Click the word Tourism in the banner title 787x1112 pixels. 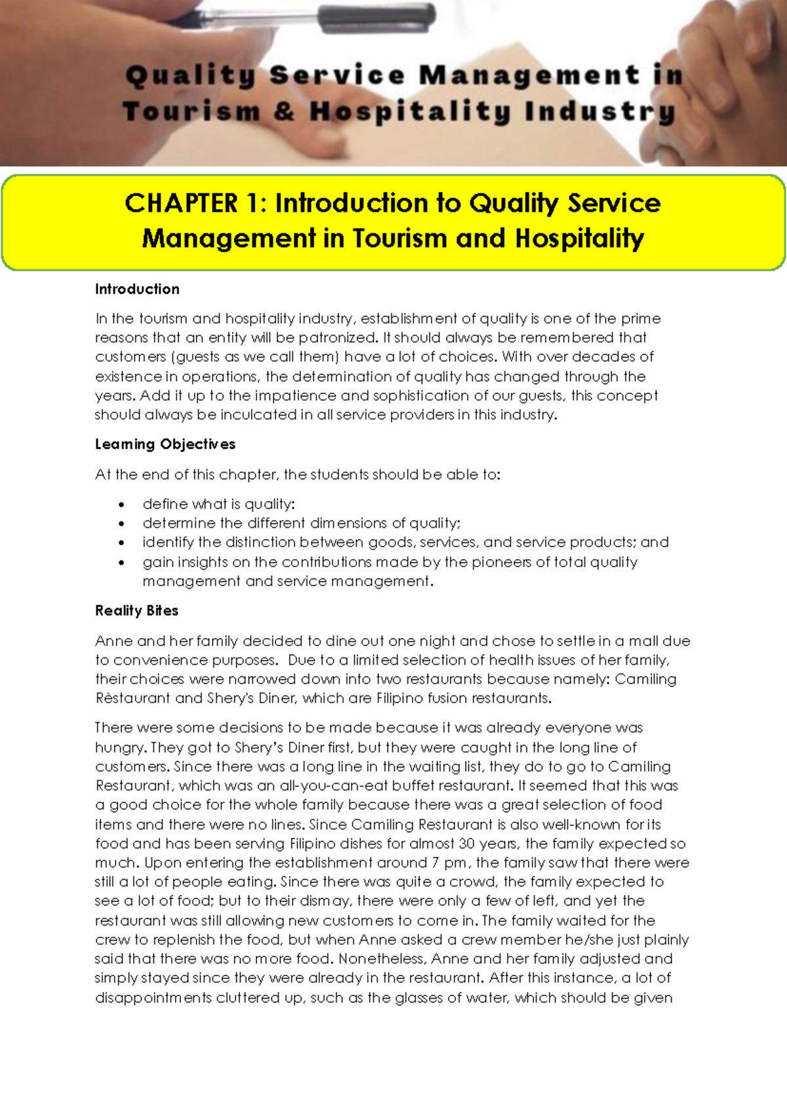[x=192, y=111]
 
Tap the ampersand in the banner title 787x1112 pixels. [x=285, y=111]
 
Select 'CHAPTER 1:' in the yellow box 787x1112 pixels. [x=195, y=203]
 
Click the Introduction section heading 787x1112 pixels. [x=137, y=289]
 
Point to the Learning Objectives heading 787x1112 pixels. [x=165, y=444]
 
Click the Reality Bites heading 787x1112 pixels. [x=136, y=610]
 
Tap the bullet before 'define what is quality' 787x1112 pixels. [x=121, y=505]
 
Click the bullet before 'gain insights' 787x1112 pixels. [x=121, y=563]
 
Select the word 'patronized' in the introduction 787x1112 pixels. [x=338, y=338]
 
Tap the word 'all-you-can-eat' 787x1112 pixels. [x=325, y=785]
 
